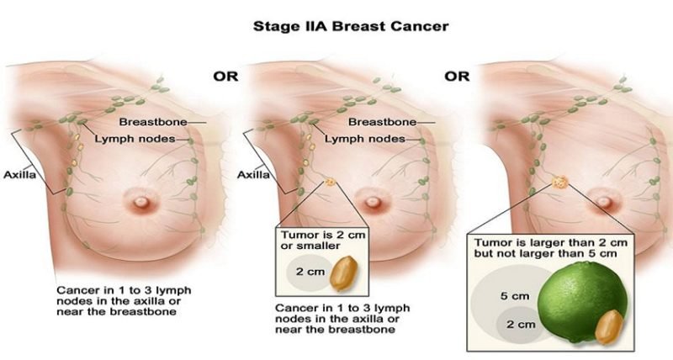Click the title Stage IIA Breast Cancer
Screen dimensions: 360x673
pos(351,26)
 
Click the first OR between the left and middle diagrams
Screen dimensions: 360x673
pos(224,77)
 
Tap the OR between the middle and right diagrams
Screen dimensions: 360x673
pos(456,77)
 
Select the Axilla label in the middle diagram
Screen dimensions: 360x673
pos(252,175)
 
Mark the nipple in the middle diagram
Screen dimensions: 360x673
pos(369,203)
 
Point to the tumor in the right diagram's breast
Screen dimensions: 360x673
pos(559,181)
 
